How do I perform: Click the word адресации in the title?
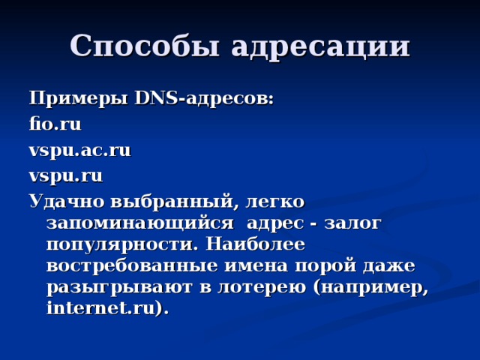(x=320, y=46)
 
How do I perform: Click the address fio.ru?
(x=54, y=124)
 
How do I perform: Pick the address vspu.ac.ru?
(x=79, y=150)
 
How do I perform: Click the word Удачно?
(x=65, y=202)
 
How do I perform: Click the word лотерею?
(x=262, y=286)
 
